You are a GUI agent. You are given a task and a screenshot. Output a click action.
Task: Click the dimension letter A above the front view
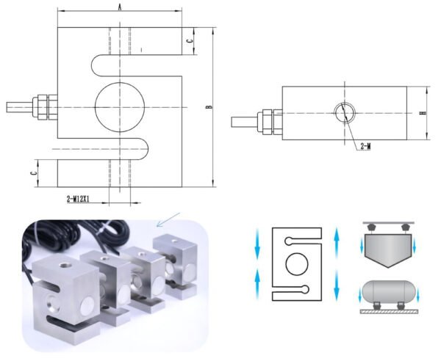coord(120,7)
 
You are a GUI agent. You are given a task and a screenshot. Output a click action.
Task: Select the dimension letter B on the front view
coord(209,107)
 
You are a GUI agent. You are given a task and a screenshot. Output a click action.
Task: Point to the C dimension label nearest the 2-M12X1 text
coord(33,172)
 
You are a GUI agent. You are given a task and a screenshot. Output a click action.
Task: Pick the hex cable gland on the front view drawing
coord(44,107)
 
